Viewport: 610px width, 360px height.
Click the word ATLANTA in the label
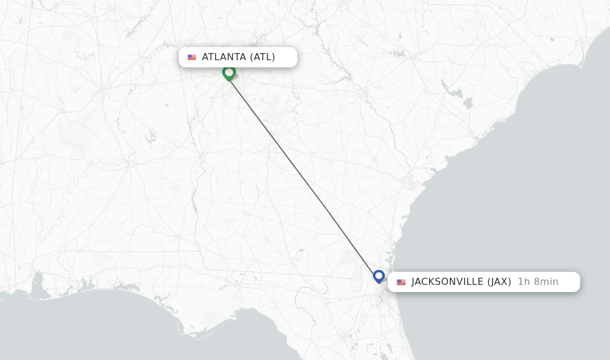coord(223,57)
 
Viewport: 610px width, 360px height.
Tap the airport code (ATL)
coord(263,57)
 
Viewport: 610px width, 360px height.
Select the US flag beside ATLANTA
coord(192,57)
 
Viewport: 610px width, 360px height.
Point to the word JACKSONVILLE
coord(447,282)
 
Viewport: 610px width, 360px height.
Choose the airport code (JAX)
coord(499,282)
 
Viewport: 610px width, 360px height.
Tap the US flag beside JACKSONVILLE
coord(401,282)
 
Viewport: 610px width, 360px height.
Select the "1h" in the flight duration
coord(524,282)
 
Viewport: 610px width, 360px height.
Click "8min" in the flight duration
coord(546,282)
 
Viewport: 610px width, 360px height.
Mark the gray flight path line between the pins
coord(304,175)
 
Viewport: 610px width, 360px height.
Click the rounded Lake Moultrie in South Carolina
coord(468,103)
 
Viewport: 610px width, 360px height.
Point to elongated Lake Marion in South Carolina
coord(454,91)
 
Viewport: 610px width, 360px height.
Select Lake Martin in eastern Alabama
coord(149,137)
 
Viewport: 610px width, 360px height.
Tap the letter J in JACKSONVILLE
coord(414,282)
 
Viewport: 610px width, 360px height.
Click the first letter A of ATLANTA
coord(205,57)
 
